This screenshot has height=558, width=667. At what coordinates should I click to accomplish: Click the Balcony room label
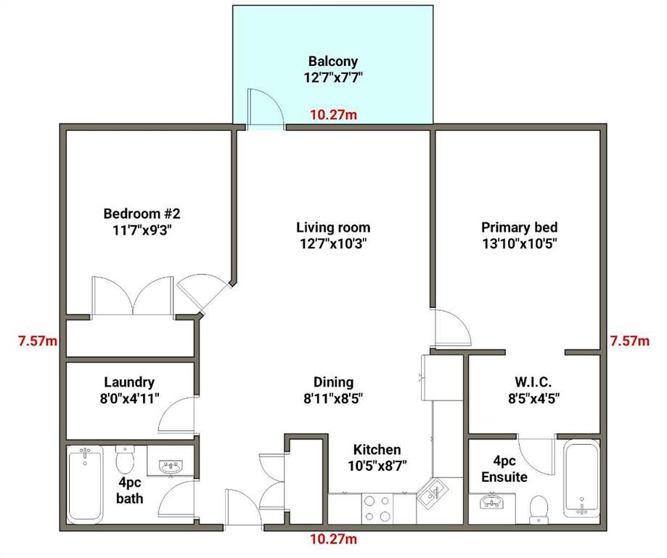332,61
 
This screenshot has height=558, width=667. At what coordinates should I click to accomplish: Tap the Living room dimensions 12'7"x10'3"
333,243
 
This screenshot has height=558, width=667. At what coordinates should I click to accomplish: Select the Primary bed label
520,227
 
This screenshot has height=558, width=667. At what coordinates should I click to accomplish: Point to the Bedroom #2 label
142,213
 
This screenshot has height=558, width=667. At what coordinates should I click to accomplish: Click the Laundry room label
129,382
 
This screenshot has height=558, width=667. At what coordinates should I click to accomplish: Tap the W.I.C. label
533,381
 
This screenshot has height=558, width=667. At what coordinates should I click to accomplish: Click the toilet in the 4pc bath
125,458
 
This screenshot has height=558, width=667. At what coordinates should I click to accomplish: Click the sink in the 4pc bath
171,466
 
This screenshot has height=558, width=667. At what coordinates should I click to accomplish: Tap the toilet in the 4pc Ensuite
539,509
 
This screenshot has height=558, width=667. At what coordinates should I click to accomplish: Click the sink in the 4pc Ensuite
492,501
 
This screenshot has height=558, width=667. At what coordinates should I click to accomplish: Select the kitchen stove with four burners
377,509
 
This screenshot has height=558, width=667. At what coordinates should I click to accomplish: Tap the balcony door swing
266,107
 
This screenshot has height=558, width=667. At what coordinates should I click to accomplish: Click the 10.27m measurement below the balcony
334,115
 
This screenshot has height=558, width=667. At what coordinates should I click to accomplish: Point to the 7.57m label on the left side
38,341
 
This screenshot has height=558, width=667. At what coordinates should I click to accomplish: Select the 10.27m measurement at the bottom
334,539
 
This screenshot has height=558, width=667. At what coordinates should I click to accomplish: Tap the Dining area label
334,382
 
